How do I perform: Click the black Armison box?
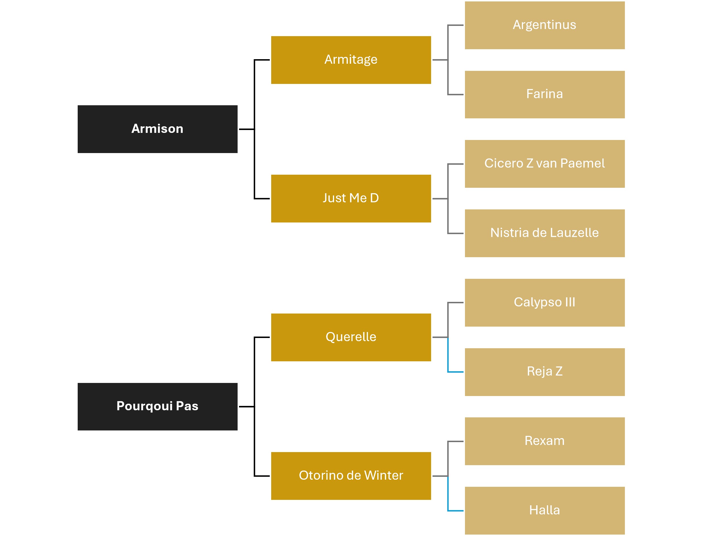coord(157,129)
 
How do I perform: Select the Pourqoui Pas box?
coord(157,407)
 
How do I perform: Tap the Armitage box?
coord(351,60)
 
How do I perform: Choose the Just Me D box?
coord(351,199)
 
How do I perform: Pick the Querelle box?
coord(351,337)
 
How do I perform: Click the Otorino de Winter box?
coord(351,476)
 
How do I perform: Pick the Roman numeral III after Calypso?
coord(570,302)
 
